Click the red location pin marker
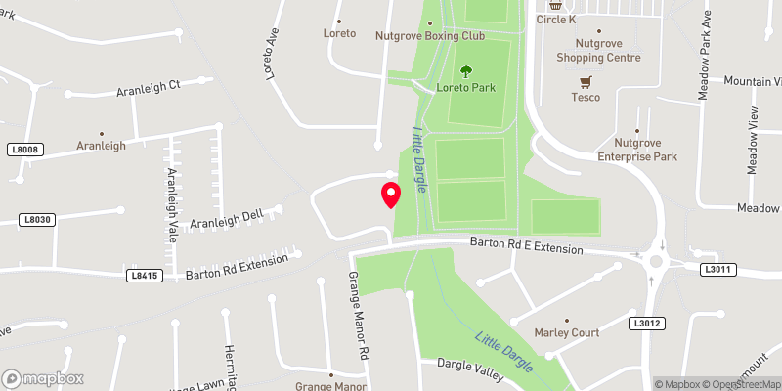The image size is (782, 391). coord(391,195)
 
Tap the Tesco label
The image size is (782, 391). coord(586,96)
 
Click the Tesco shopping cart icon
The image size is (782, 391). coord(586,81)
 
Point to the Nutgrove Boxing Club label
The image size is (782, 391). coord(430,34)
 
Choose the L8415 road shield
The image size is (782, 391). coord(142,277)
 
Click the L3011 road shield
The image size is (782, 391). coord(716,268)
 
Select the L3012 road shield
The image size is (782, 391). coord(646,322)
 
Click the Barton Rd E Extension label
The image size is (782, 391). coord(526,245)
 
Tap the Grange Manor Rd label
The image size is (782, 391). coord(359,312)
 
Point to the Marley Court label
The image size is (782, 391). coord(567,333)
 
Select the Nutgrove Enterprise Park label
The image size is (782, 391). coord(638,150)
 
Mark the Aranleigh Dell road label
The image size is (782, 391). coord(226,219)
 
